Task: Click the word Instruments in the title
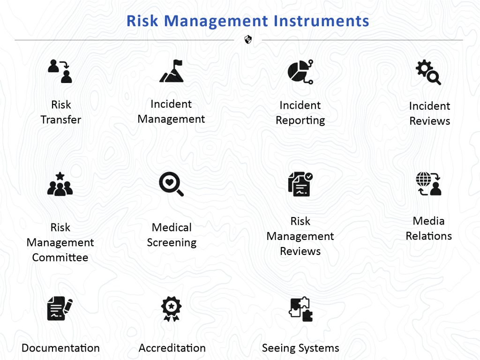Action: click(x=321, y=21)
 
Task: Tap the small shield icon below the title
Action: click(x=248, y=39)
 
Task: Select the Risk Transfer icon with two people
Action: click(x=60, y=71)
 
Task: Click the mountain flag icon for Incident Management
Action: click(x=172, y=71)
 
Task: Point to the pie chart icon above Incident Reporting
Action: click(x=300, y=72)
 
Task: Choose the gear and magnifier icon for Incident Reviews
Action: click(x=428, y=72)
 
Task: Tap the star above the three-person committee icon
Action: click(x=60, y=176)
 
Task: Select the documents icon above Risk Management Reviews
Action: click(x=300, y=184)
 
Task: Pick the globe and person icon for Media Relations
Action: click(x=428, y=184)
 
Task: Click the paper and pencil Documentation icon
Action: click(x=60, y=308)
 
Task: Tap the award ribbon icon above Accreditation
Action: click(x=172, y=308)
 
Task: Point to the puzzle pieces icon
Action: click(x=301, y=309)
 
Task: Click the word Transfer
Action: click(x=61, y=120)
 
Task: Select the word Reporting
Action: click(x=300, y=120)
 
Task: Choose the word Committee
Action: click(x=60, y=257)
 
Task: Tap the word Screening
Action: click(x=172, y=242)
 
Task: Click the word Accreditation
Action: click(x=172, y=348)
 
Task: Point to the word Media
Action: click(x=428, y=221)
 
